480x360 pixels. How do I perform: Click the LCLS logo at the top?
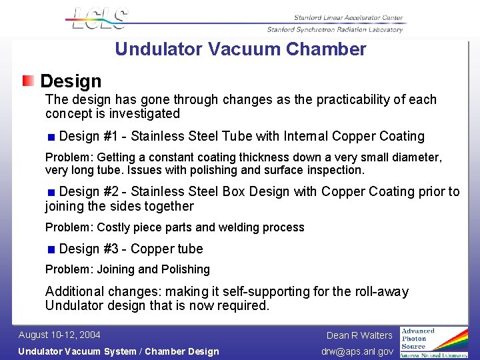[x=97, y=19]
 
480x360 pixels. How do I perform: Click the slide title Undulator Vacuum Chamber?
[x=240, y=49]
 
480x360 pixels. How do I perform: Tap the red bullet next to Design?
[x=28, y=81]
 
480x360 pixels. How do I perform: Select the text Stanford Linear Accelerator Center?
[x=348, y=18]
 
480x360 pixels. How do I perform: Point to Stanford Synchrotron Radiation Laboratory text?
[x=335, y=29]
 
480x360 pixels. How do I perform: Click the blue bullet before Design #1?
[x=51, y=137]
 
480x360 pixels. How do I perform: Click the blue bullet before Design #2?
[x=51, y=193]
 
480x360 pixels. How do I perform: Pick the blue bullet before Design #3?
[x=51, y=250]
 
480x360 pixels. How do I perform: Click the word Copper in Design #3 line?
[x=151, y=249]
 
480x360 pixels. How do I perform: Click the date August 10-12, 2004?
[x=59, y=335]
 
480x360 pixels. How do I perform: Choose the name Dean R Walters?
[x=359, y=335]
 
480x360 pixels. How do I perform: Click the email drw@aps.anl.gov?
[x=357, y=351]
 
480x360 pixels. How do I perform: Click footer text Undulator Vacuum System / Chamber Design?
[x=118, y=351]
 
